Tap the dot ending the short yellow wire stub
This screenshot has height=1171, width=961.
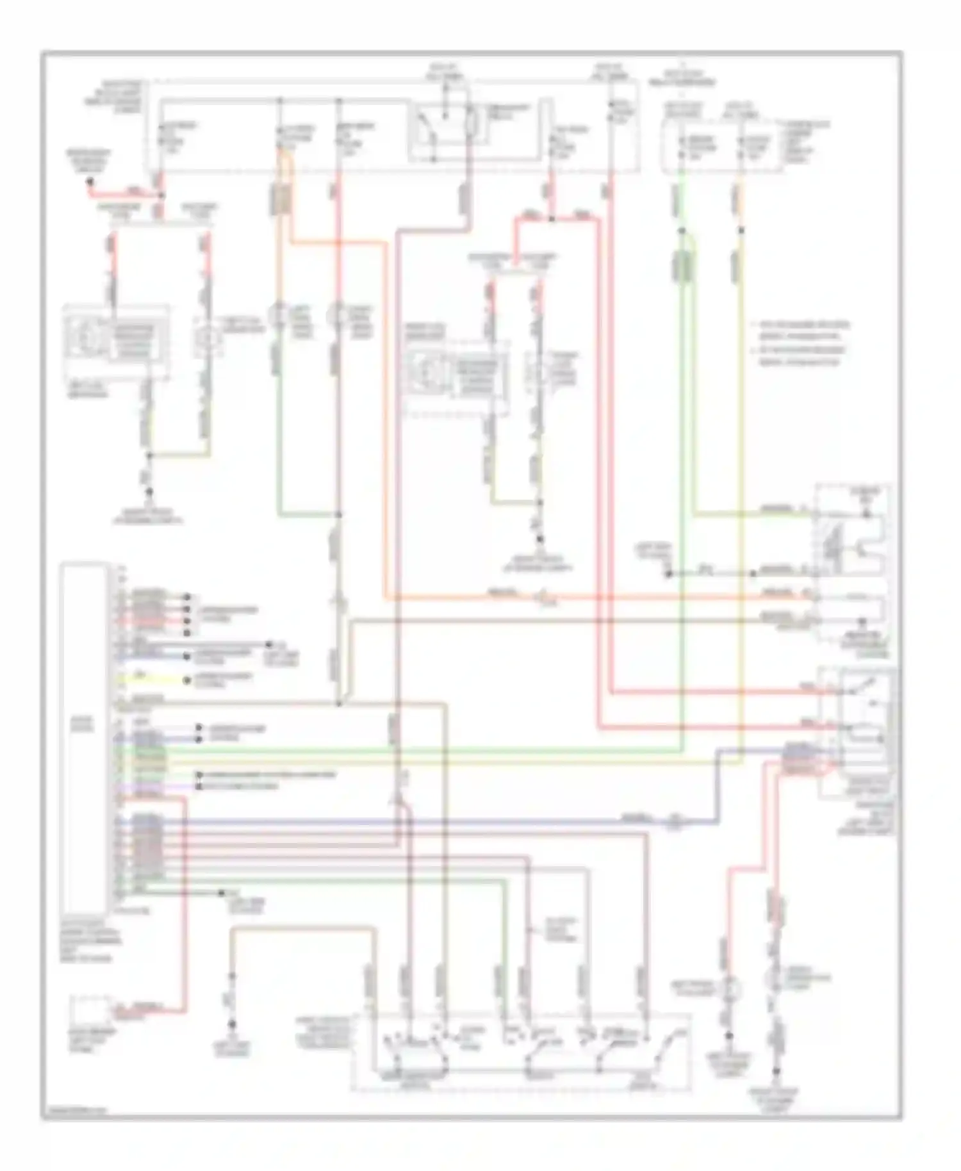(x=187, y=680)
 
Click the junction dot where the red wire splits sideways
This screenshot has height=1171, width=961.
(x=551, y=219)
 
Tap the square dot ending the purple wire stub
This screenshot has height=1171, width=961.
(x=199, y=785)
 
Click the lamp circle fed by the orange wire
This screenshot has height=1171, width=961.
(x=280, y=316)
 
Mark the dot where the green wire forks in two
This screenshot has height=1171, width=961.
(x=683, y=231)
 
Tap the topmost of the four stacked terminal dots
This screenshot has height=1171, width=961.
(x=187, y=597)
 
